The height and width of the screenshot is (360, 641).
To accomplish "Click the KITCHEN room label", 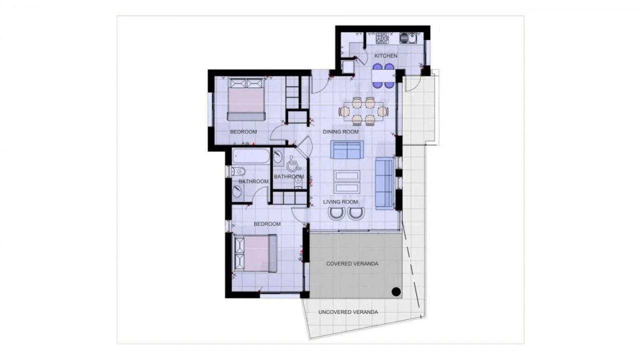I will pos(386,56).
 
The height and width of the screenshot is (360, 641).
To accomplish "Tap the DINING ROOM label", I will pos(341,132).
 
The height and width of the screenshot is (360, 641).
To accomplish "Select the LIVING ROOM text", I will pos(341,202).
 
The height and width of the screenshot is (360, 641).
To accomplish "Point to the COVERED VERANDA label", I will pos(352,263).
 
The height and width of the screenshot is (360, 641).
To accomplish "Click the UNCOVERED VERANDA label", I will pos(348,312).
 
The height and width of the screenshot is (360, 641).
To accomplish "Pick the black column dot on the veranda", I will pos(396,291).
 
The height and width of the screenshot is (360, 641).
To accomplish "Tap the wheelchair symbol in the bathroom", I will pos(293,163).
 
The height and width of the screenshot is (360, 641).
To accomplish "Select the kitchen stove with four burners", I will pos(382,38).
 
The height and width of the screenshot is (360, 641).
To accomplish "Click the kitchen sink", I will pos(408,38).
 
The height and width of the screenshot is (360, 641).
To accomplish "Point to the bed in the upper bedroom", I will pos(246,99).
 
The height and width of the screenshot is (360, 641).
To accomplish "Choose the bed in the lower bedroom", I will pos(256,253).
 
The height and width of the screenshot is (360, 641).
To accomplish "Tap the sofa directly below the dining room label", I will pos(346,150).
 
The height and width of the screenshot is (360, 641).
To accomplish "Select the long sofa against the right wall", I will pos(384,182).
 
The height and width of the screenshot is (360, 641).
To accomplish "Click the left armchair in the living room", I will pos(336,213).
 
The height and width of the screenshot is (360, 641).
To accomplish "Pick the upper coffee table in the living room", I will pos(347,175).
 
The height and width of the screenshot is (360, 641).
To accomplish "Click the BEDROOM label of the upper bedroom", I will pos(243,132).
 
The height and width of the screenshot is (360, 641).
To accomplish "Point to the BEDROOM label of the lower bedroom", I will pos(267,224).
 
